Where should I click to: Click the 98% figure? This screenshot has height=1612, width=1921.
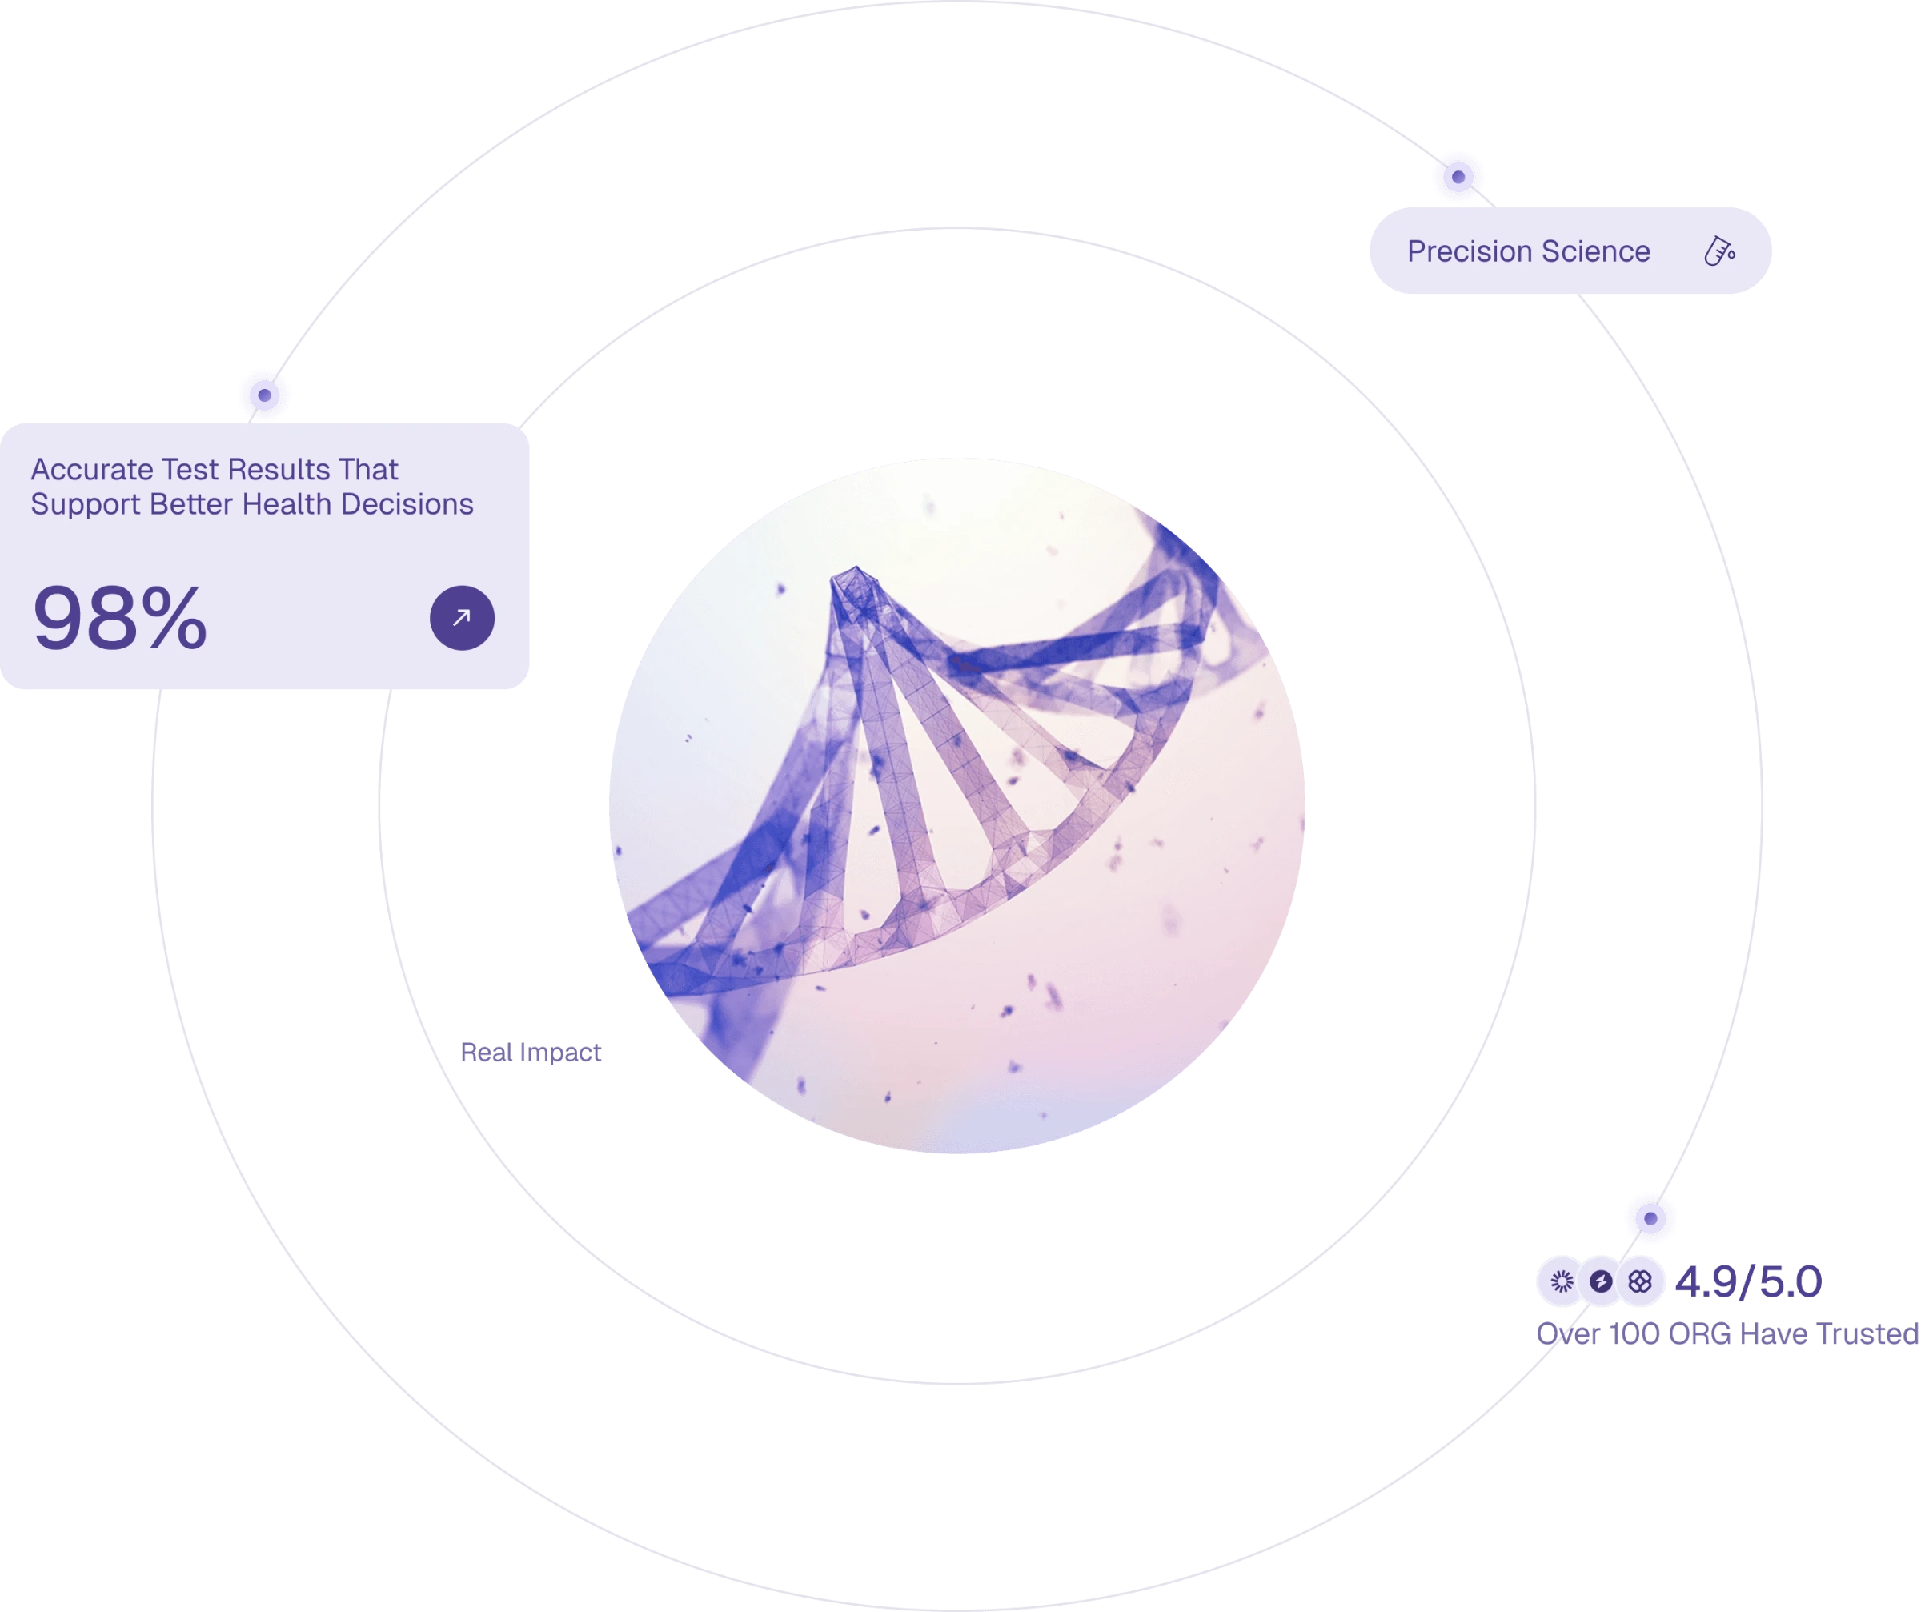coord(120,619)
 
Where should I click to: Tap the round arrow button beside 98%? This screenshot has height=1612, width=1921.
coord(462,618)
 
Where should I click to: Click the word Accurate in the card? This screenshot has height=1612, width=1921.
coord(91,469)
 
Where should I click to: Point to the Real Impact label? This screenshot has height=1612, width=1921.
coord(531,1052)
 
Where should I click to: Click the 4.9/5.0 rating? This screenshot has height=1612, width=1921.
coord(1748,1281)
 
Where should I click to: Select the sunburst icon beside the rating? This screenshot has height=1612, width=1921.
coord(1562,1281)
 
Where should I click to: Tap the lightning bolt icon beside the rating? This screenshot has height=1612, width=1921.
coord(1601,1281)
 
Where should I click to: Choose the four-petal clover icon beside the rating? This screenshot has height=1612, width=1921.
coord(1640,1281)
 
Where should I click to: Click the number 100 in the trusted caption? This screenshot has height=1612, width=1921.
coord(1634,1334)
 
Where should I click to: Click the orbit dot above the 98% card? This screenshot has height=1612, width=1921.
coord(264,395)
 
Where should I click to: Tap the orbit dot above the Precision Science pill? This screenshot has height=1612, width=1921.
coord(1458,177)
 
